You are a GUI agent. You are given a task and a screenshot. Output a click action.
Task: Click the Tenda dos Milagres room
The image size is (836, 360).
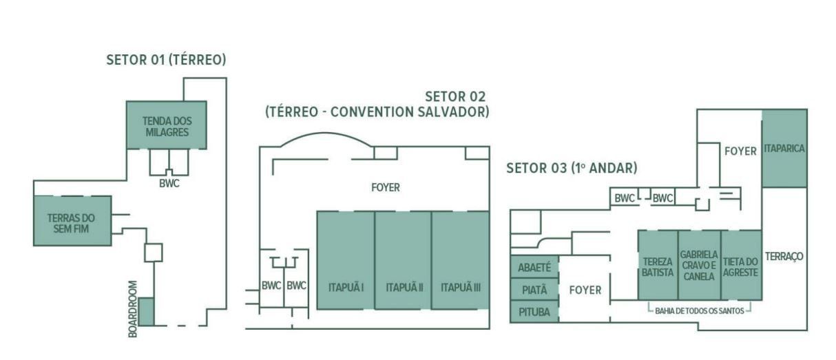pyautogui.click(x=167, y=125)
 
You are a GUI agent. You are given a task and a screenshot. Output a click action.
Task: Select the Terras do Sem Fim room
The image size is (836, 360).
pyautogui.click(x=72, y=221)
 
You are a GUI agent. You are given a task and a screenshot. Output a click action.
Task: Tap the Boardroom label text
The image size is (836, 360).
pyautogui.click(x=132, y=309)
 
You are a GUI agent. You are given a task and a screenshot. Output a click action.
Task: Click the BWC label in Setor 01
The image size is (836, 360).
pyautogui.click(x=169, y=184)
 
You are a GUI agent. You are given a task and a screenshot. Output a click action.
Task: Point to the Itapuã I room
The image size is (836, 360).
pyautogui.click(x=346, y=260)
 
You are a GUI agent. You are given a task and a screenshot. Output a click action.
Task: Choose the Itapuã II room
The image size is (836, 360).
pyautogui.click(x=403, y=260)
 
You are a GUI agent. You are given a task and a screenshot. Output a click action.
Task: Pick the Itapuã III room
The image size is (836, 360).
pyautogui.click(x=461, y=260)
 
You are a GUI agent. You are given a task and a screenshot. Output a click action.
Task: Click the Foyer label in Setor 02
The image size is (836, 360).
pyautogui.click(x=386, y=187)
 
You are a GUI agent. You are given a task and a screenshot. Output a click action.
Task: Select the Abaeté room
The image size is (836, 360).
pyautogui.click(x=534, y=267)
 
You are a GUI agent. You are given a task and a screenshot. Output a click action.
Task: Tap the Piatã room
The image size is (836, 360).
pyautogui.click(x=534, y=290)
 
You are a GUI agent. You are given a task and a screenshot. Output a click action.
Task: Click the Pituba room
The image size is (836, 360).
pyautogui.click(x=534, y=312)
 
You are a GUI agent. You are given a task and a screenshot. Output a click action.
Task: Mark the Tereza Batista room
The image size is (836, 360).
pyautogui.click(x=658, y=265)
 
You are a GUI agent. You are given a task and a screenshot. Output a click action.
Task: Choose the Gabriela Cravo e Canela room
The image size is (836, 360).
pyautogui.click(x=700, y=265)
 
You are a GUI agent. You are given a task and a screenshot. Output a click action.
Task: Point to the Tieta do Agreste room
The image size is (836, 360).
pyautogui.click(x=741, y=265)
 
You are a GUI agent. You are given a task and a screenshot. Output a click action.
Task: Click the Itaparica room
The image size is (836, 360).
pyautogui.click(x=784, y=149)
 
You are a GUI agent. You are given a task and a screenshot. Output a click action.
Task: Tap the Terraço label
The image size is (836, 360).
pyautogui.click(x=784, y=257)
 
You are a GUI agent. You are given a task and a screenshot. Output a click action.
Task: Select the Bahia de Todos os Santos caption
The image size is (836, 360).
pyautogui.click(x=700, y=310)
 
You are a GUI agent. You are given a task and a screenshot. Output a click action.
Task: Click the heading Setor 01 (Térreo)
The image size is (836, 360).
pyautogui.click(x=166, y=60)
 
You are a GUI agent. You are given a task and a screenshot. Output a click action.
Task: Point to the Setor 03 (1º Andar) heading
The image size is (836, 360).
pyautogui.click(x=572, y=168)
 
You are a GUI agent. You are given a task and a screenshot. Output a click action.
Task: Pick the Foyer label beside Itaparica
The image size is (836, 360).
pyautogui.click(x=740, y=151)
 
